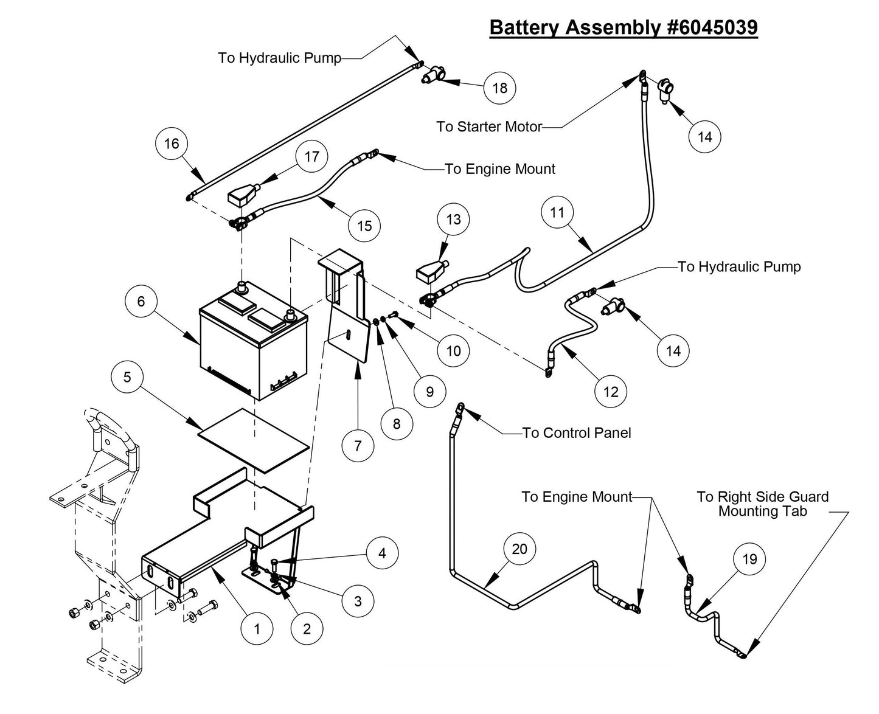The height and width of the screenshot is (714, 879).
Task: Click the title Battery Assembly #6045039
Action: pyautogui.click(x=624, y=27)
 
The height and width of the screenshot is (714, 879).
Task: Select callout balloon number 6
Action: pyautogui.click(x=141, y=301)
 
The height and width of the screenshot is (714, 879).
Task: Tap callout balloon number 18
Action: pyautogui.click(x=499, y=88)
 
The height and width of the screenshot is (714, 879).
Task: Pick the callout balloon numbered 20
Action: pyautogui.click(x=519, y=549)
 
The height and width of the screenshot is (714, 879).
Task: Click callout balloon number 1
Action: pyautogui.click(x=257, y=628)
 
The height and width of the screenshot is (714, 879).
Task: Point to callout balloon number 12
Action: pyautogui.click(x=611, y=392)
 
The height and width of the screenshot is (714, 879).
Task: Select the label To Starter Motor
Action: pyautogui.click(x=489, y=127)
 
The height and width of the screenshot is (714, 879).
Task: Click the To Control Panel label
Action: pyautogui.click(x=576, y=433)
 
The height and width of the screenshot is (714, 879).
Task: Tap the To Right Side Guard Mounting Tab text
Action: pyautogui.click(x=762, y=504)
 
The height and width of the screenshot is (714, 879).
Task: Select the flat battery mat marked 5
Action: pyautogui.click(x=254, y=441)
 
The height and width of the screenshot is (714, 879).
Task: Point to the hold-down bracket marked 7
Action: pyautogui.click(x=347, y=304)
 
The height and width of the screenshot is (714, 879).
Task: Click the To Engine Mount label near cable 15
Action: pyautogui.click(x=500, y=169)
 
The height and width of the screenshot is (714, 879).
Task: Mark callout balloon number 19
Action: pyautogui.click(x=749, y=558)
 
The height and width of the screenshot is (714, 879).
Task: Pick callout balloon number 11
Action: pyautogui.click(x=557, y=212)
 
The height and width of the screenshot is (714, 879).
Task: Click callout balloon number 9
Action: pyautogui.click(x=429, y=392)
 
